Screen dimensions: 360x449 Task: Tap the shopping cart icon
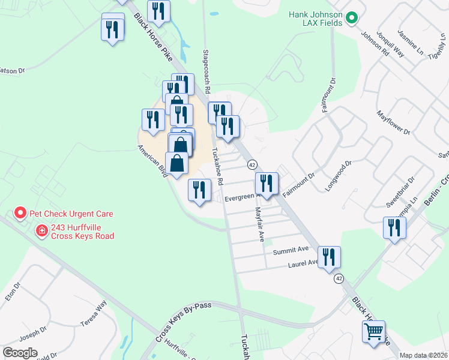pos(373,331)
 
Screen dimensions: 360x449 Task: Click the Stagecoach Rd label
pos(206,71)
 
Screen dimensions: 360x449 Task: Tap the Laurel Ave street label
pos(303,263)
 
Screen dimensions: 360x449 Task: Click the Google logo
pos(20,353)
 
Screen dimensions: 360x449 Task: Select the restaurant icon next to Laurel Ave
pos(329,258)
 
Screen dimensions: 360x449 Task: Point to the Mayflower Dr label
pos(393,122)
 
